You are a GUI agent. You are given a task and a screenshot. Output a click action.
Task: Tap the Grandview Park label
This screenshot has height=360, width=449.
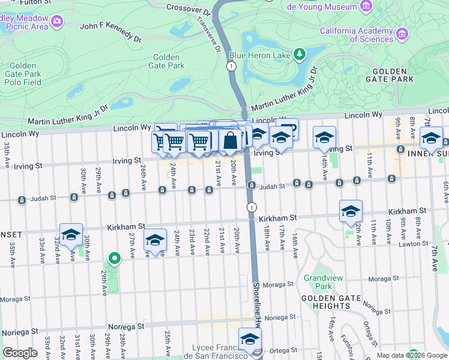click(x=318, y=282)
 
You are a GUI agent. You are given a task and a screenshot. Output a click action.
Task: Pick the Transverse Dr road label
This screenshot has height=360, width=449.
click(x=205, y=33)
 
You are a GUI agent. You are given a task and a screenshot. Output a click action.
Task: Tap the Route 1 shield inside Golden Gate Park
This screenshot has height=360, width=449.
click(x=231, y=66)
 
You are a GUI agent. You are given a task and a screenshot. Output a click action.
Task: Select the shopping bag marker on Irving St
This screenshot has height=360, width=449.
click(x=231, y=141)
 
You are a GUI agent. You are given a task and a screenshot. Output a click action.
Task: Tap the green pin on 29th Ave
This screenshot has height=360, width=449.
click(x=113, y=259)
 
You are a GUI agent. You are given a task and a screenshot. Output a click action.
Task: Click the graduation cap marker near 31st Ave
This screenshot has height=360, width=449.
click(x=71, y=235)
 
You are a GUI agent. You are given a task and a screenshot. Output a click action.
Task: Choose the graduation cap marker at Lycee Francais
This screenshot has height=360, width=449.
click(x=250, y=338)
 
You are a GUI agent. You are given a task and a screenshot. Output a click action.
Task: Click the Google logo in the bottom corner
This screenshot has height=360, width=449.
click(x=20, y=353)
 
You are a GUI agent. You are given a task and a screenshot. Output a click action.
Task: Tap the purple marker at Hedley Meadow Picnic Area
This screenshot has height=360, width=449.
click(x=58, y=22)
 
